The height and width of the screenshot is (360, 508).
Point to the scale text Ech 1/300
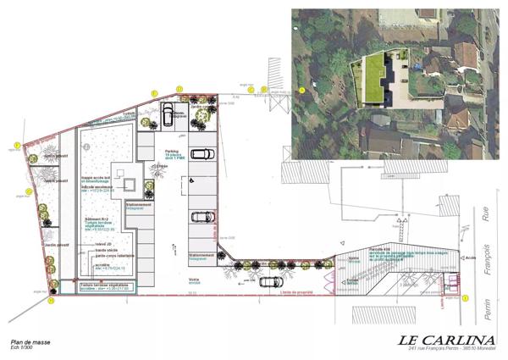25,348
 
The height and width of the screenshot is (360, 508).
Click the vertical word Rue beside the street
485,219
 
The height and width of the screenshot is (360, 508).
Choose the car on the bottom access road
270,282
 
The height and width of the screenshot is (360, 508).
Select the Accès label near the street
472,257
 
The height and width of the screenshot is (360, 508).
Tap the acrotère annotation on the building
102,264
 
